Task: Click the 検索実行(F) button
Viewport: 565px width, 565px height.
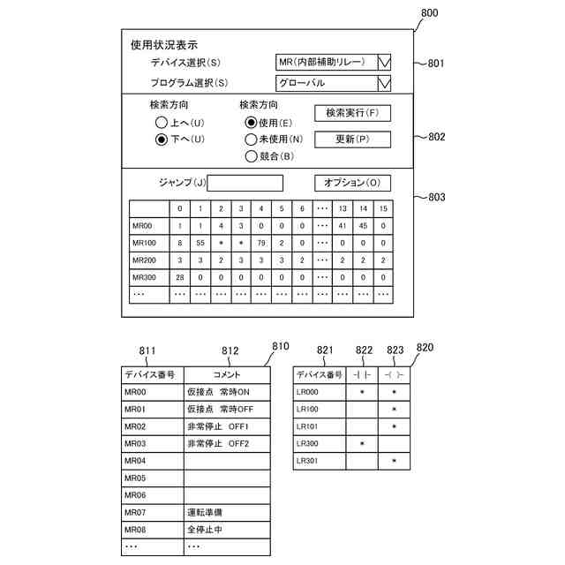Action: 351,113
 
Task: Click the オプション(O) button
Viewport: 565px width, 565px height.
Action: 352,183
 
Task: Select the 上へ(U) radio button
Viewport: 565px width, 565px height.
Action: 161,122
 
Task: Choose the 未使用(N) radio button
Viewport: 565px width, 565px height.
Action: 252,139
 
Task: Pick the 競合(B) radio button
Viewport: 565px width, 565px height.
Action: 252,156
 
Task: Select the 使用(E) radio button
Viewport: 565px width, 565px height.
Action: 252,122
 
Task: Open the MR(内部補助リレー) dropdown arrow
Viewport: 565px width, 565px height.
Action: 383,62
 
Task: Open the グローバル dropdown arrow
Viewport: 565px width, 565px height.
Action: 383,83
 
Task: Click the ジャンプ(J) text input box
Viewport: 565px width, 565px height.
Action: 245,184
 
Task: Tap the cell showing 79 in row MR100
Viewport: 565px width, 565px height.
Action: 260,243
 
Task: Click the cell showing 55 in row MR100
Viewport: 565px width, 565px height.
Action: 200,243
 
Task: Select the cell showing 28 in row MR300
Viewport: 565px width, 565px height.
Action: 179,277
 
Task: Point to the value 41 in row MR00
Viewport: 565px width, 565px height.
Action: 342,226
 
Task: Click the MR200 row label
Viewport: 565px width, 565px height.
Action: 144,260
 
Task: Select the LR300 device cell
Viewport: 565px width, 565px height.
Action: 308,443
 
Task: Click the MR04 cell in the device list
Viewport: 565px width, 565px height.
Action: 135,461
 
